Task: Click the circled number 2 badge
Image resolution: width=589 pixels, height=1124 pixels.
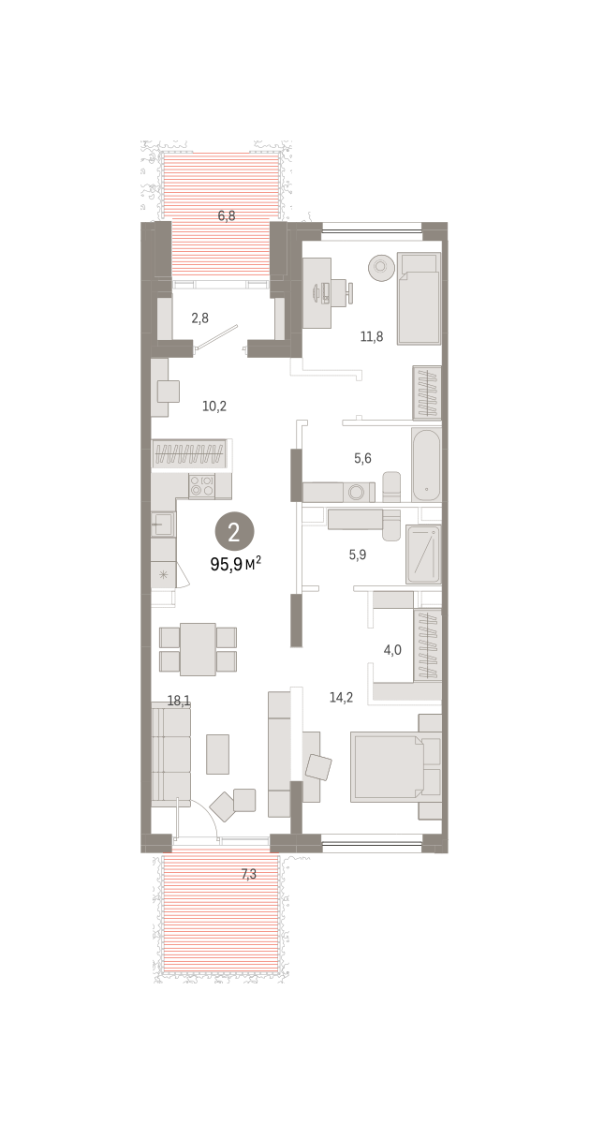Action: pos(234,531)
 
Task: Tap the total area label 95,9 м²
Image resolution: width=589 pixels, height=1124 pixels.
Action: pos(235,565)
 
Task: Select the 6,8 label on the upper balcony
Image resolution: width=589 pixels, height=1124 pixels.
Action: pos(227,216)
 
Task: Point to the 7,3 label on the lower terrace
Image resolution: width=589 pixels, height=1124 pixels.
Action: pos(249,874)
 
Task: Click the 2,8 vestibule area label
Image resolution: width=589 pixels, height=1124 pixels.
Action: pos(199,318)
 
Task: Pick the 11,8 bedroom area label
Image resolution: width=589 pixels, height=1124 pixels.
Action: pos(372,336)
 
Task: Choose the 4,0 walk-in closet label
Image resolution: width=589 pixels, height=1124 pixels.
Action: pos(392,650)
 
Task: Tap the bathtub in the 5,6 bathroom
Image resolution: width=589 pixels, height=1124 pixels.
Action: pos(426,466)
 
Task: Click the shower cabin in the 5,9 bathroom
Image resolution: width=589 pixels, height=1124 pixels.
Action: pos(423,555)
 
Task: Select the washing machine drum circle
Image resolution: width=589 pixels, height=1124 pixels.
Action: pos(357,493)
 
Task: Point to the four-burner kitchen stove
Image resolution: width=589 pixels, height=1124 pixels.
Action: pos(201,486)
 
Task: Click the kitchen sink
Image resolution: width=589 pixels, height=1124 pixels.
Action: pos(163,524)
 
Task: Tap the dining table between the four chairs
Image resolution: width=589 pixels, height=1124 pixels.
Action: pos(198,649)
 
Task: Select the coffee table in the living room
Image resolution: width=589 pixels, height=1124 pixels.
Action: pos(218,754)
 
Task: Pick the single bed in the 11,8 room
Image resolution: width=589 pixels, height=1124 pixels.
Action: pos(419,299)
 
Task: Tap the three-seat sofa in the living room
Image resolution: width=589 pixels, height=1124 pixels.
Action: pos(171,754)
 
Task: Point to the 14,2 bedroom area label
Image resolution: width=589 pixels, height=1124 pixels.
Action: pos(341,698)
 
